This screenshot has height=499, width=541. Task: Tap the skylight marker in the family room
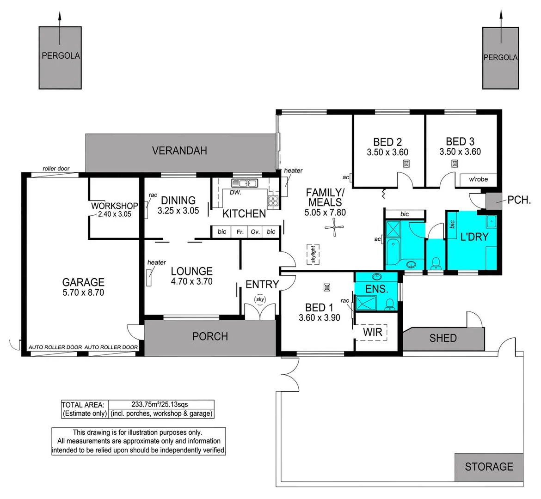[x=313, y=254]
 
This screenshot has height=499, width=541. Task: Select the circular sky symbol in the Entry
[x=260, y=299]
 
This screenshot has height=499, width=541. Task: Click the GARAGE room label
[x=83, y=282]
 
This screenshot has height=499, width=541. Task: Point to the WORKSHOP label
[x=114, y=206]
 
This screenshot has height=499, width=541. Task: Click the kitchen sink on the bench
[x=244, y=183]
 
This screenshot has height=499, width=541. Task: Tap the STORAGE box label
[x=489, y=467]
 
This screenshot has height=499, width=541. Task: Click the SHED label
[x=443, y=338]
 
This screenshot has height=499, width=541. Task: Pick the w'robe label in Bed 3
[x=478, y=179]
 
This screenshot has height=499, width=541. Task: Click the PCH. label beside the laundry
[x=519, y=201]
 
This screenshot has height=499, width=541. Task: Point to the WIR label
[x=372, y=332]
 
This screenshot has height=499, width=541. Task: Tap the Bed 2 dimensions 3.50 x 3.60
[x=387, y=152]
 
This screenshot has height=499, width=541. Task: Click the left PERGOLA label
[x=61, y=55]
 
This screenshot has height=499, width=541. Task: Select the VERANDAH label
[x=179, y=151]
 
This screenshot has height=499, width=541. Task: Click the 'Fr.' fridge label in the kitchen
[x=240, y=232]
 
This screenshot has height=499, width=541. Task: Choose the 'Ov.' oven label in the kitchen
[x=255, y=232]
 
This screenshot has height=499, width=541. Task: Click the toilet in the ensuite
[x=390, y=304]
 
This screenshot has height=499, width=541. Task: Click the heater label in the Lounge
[x=156, y=262]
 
